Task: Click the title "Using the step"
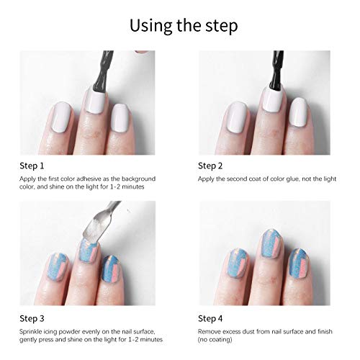point(184,26)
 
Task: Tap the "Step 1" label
point(32,166)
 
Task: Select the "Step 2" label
point(210,166)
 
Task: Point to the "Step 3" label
point(32,318)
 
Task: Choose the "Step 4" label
point(210,318)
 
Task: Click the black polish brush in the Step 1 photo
point(103,72)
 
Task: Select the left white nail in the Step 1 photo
point(62,117)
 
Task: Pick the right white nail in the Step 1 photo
point(121,118)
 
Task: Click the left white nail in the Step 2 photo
point(237,117)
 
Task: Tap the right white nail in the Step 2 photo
point(298,112)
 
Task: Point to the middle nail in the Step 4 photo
point(271,243)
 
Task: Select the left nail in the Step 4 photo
point(237,264)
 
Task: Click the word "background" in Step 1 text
point(138,179)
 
